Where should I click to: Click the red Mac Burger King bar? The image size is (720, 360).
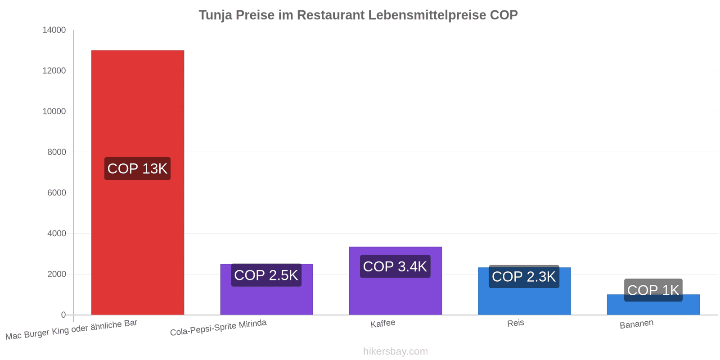(x=138, y=183)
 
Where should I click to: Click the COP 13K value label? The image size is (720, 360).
(x=138, y=168)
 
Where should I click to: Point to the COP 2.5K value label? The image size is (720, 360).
(x=266, y=275)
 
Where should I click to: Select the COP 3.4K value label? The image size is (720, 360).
(x=396, y=266)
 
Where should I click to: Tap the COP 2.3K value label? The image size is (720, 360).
(x=524, y=276)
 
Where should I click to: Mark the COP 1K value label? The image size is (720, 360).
(x=653, y=290)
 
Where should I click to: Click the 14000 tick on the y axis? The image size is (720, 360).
(x=54, y=30)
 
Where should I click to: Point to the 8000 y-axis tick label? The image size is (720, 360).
(x=57, y=152)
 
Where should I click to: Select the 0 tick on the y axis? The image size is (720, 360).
(x=63, y=315)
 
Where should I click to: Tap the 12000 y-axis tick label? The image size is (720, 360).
(x=54, y=71)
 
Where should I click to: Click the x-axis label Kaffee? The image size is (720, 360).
(x=383, y=324)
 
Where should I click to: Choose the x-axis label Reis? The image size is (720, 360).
(x=516, y=323)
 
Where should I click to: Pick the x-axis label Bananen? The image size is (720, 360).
(x=636, y=324)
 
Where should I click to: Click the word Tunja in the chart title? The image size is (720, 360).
(x=216, y=15)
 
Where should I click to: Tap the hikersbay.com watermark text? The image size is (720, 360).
(x=396, y=351)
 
